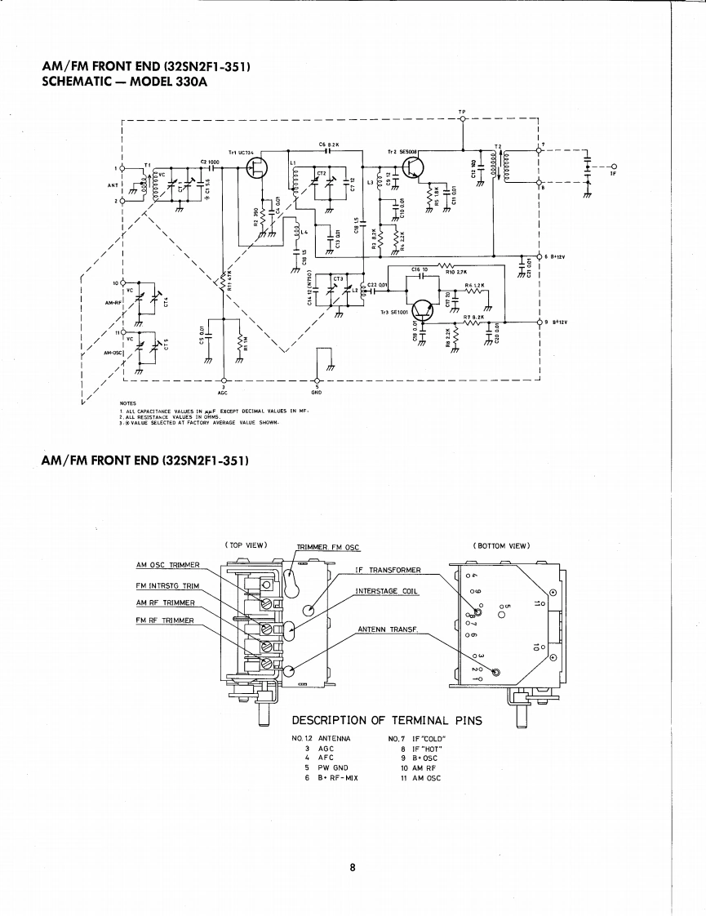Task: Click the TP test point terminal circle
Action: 463,120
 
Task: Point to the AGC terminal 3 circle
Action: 223,380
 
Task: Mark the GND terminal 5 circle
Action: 316,380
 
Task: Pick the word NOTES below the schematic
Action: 127,402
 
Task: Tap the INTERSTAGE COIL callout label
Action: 388,591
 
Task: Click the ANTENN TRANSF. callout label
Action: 389,629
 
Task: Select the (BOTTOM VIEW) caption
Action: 501,545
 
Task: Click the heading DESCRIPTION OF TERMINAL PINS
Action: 387,720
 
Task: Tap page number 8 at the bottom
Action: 353,868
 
